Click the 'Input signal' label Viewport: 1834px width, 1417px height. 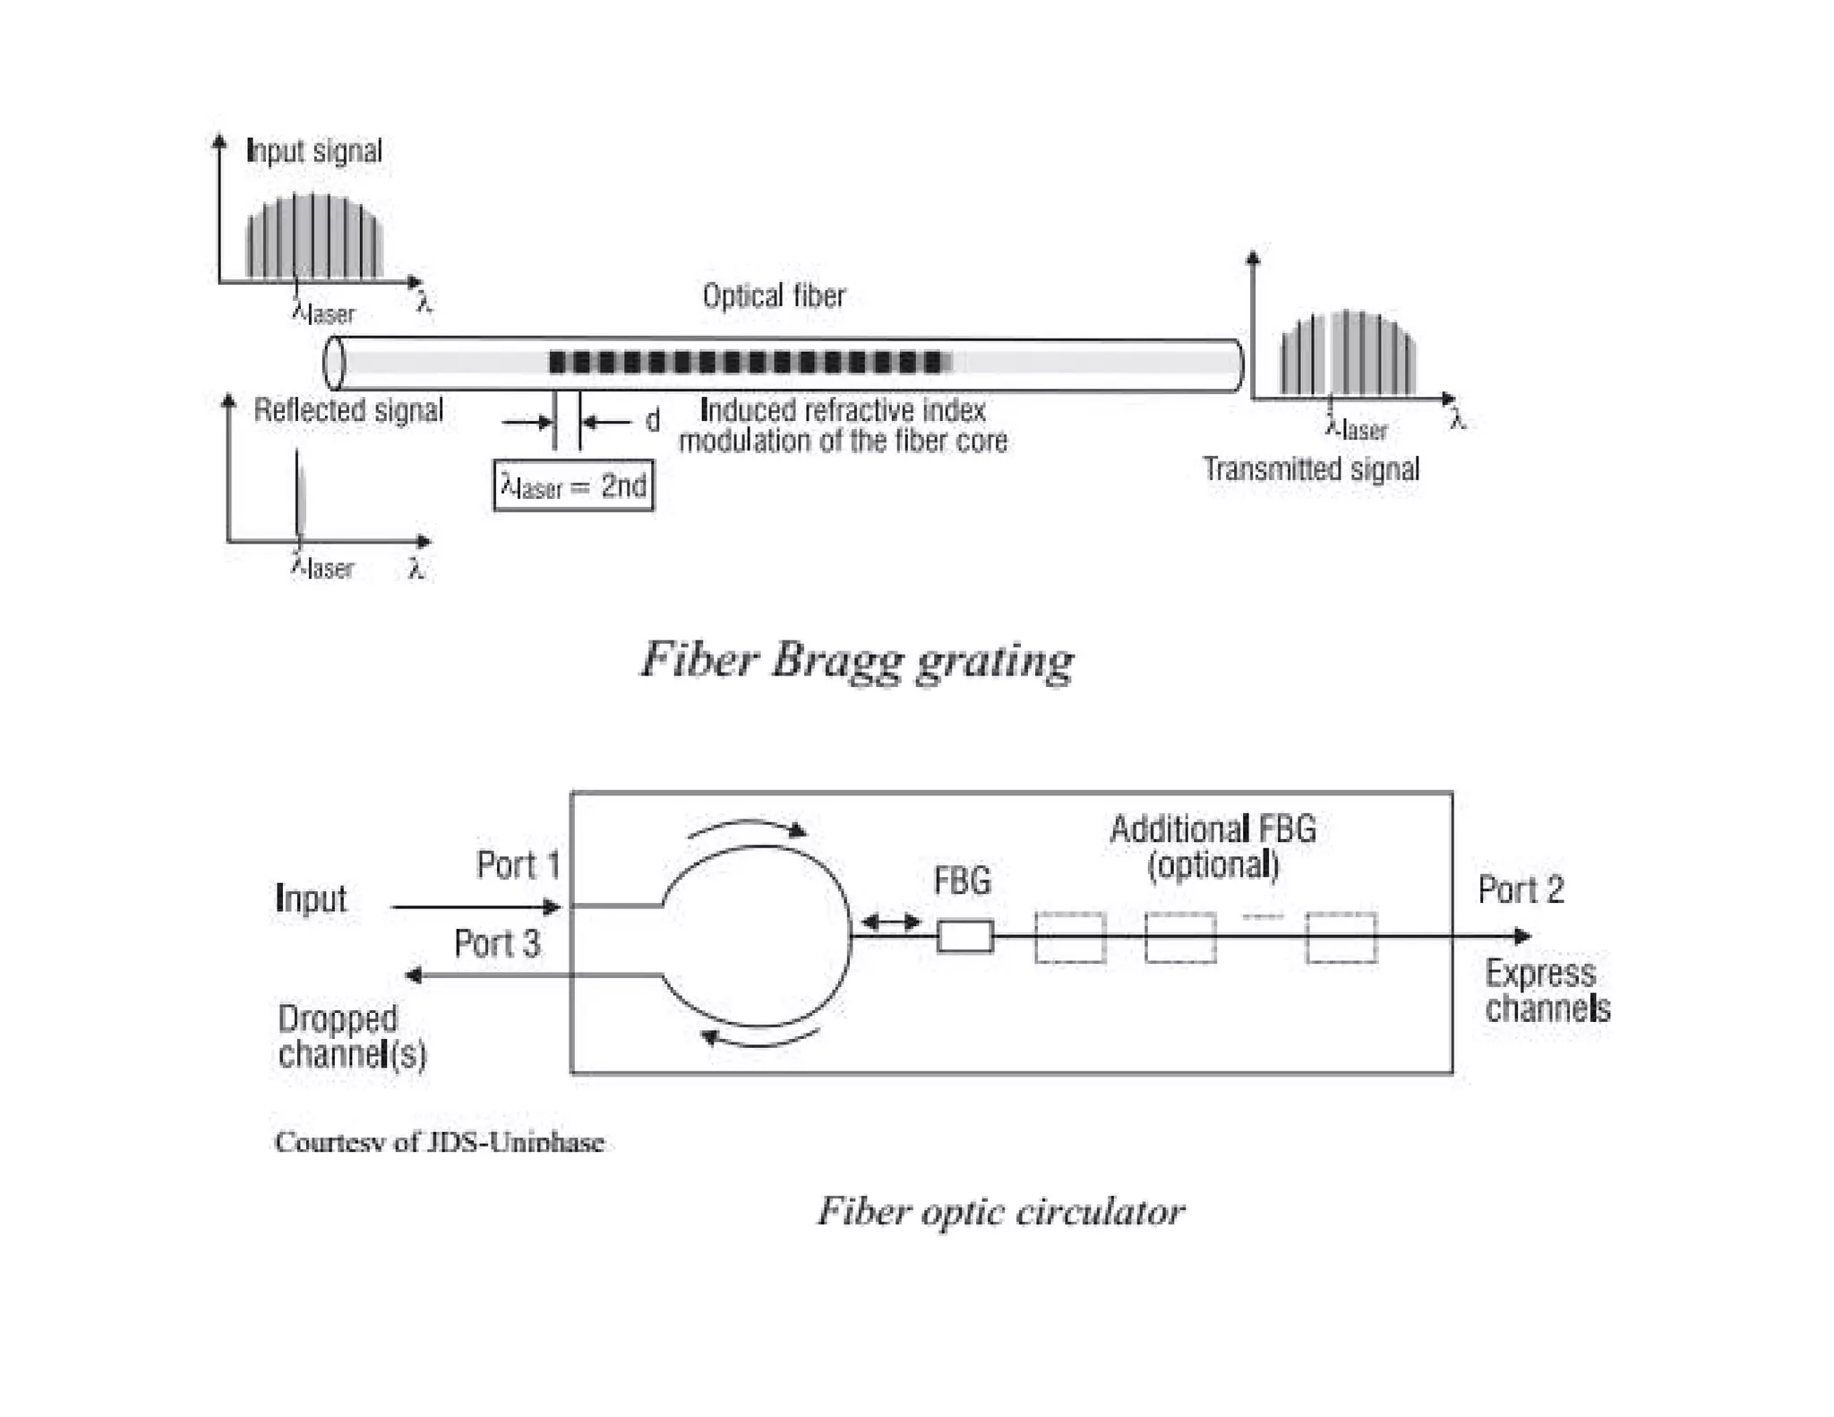click(313, 150)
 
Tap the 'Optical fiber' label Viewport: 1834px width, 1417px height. click(773, 296)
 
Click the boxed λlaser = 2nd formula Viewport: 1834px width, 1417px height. click(573, 486)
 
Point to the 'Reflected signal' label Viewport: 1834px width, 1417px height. click(348, 410)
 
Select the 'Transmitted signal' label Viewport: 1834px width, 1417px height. click(1310, 468)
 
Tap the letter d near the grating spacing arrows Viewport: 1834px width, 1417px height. click(653, 420)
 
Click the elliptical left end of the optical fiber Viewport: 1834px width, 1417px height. click(334, 363)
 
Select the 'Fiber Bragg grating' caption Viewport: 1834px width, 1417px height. click(856, 660)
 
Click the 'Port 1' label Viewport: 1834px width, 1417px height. click(518, 865)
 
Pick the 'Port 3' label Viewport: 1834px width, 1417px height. click(497, 943)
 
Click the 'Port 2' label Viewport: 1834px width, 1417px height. click(1520, 889)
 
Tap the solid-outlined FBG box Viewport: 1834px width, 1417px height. click(964, 937)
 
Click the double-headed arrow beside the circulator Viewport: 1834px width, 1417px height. click(890, 921)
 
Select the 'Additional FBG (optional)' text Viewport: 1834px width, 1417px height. click(1213, 846)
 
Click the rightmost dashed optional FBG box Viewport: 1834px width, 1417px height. click(1341, 938)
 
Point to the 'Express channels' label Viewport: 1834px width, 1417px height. click(1547, 991)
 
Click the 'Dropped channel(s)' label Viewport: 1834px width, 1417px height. click(351, 1036)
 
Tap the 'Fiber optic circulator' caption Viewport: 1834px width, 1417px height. click(1000, 1212)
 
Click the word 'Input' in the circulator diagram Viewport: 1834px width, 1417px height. click(311, 898)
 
